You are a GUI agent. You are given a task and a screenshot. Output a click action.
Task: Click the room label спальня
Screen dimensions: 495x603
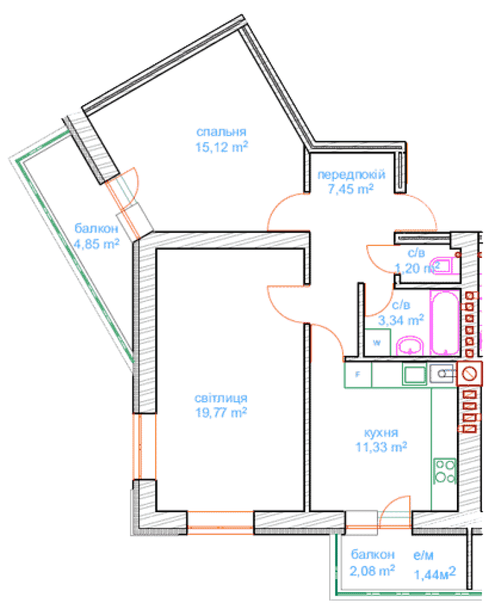(x=221, y=132)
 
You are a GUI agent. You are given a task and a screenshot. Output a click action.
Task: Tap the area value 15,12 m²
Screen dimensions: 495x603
(x=221, y=146)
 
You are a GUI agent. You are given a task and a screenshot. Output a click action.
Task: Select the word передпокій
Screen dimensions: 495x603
(x=351, y=175)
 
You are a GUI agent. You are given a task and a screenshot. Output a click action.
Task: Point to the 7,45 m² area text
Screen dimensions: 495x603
(x=350, y=189)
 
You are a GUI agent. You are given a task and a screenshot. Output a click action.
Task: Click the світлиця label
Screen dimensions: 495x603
(x=221, y=398)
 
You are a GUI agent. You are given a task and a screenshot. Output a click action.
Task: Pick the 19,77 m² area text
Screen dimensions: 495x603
(x=221, y=412)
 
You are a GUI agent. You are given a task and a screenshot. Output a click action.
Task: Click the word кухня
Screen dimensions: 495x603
(x=381, y=432)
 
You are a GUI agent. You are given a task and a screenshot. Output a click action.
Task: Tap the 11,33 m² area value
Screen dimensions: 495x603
(x=381, y=446)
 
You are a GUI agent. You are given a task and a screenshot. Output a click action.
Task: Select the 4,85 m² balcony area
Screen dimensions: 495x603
(x=96, y=244)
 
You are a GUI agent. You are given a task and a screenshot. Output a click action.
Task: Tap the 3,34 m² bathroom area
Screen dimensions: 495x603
(x=401, y=320)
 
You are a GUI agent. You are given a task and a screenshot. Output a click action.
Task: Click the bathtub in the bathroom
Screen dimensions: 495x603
(x=444, y=323)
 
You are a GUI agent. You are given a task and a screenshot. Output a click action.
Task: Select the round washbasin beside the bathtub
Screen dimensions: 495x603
(x=410, y=346)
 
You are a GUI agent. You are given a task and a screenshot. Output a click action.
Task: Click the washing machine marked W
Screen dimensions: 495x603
(x=378, y=342)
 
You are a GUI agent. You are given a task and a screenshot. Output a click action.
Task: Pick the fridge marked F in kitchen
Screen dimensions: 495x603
(x=358, y=374)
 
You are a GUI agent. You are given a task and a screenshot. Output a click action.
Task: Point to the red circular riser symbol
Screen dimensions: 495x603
(x=469, y=373)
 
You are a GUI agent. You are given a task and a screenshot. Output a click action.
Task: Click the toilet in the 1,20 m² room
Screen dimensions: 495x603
(x=445, y=266)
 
